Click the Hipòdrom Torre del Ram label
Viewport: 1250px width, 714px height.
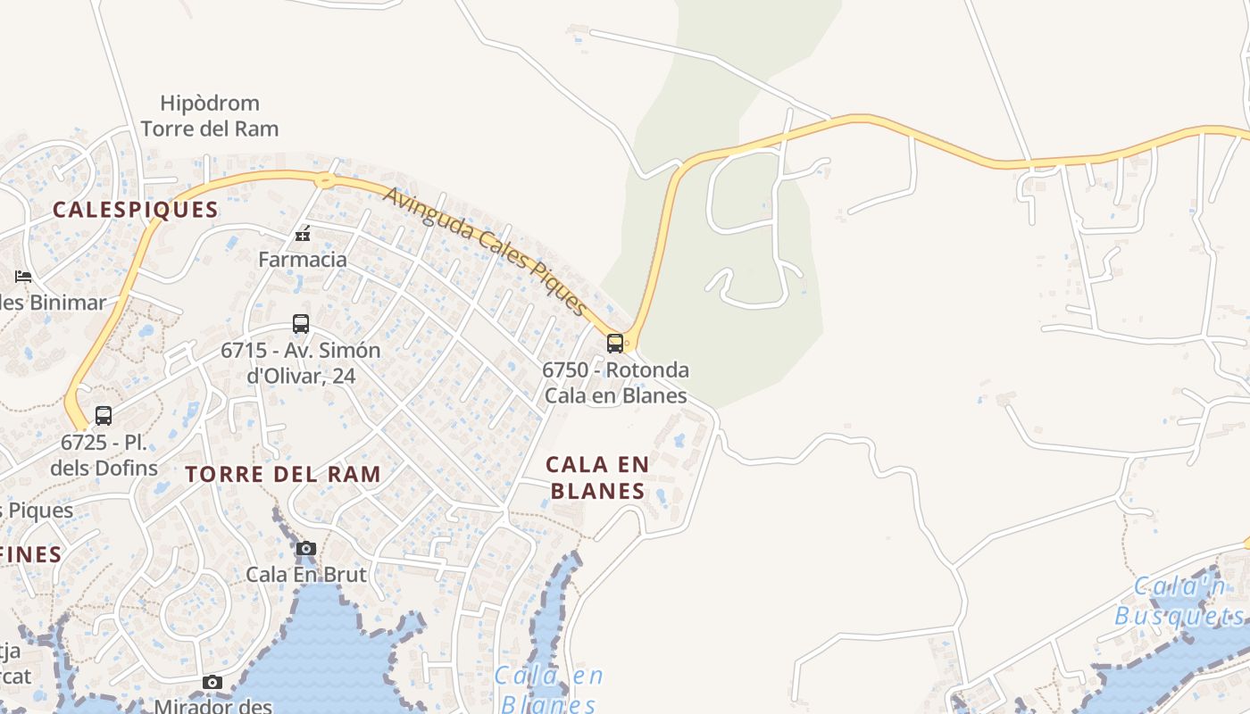tap(210, 116)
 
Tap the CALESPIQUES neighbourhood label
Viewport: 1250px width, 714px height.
tap(135, 210)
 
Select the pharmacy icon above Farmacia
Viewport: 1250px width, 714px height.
tap(303, 235)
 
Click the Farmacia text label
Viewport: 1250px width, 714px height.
tap(303, 260)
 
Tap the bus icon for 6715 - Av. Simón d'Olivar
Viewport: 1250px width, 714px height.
tap(301, 324)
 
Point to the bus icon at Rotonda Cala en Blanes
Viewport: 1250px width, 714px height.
tap(615, 344)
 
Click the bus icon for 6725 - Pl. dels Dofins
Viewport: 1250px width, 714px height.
tap(104, 416)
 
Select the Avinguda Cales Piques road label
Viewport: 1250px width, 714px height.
tap(487, 251)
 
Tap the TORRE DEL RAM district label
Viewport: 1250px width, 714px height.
tap(283, 474)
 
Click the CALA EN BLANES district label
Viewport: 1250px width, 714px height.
tap(597, 477)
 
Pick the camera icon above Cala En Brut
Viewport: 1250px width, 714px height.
tap(306, 548)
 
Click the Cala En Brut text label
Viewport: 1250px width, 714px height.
tap(306, 574)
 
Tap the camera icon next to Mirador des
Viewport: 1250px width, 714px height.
tap(212, 683)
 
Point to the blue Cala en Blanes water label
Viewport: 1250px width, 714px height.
tap(547, 689)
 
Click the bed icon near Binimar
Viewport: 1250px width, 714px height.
tap(23, 277)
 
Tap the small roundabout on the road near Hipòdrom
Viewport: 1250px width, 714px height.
tap(325, 181)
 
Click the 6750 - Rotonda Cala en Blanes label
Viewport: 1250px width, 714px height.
tap(616, 383)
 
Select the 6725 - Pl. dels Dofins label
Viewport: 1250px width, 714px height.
tap(104, 454)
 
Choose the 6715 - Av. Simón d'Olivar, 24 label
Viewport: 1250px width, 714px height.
tap(301, 363)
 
